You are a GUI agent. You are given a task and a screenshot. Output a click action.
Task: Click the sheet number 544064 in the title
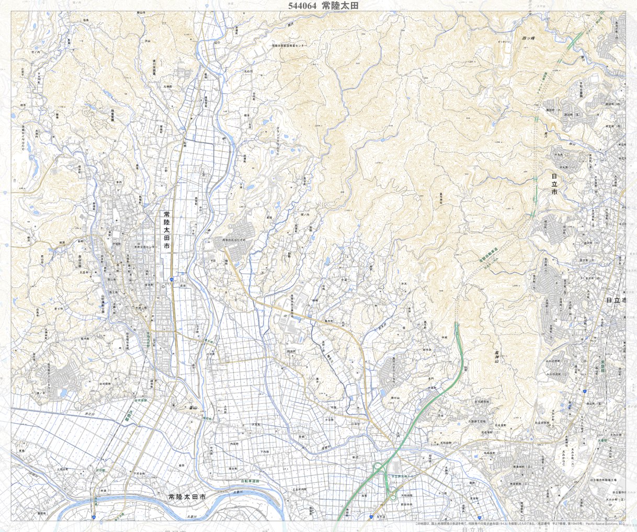302,5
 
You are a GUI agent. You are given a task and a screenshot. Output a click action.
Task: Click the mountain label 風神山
496,361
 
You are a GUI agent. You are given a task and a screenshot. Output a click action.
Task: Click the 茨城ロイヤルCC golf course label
24,137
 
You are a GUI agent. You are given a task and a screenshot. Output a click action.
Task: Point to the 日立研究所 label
542,422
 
